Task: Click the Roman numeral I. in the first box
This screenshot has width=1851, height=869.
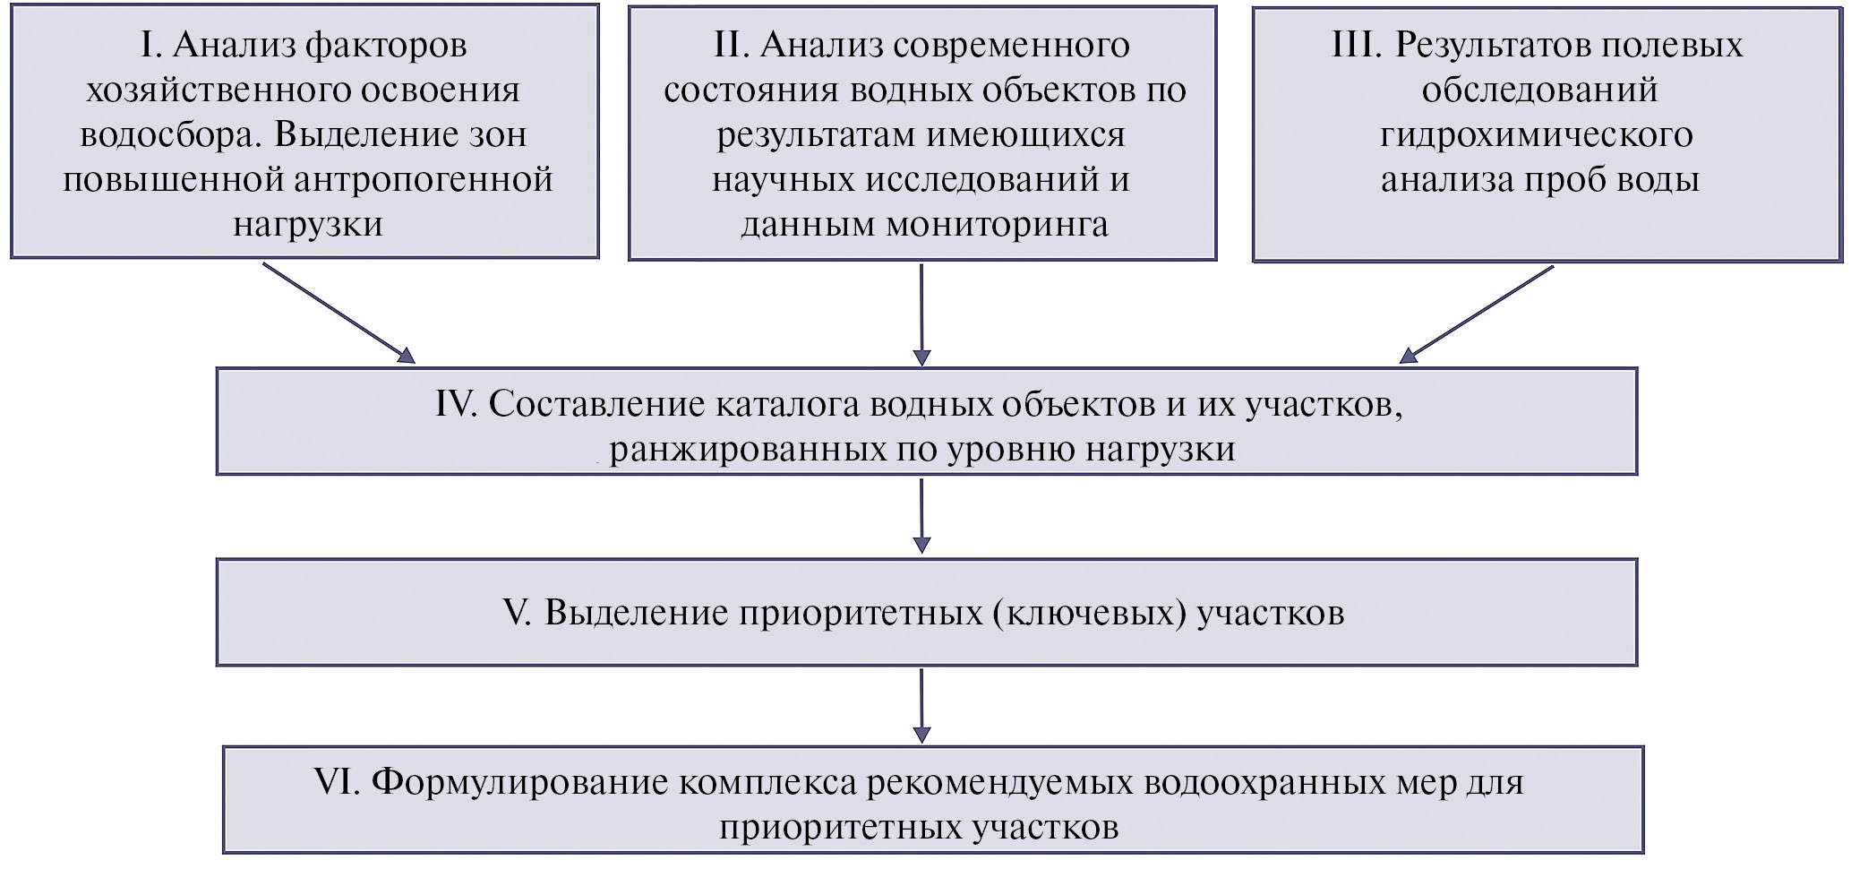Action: (x=150, y=46)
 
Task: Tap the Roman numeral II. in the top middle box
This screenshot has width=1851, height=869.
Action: (x=731, y=46)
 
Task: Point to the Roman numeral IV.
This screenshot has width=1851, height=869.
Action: (x=455, y=405)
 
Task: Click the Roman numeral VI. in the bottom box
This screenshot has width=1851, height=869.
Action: (x=337, y=782)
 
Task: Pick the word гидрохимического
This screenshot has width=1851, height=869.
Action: (x=1536, y=135)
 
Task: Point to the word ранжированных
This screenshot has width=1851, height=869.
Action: (x=748, y=449)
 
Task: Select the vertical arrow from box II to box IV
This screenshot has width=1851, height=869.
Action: (x=921, y=314)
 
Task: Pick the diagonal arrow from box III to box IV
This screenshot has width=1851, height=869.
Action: (x=1477, y=314)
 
